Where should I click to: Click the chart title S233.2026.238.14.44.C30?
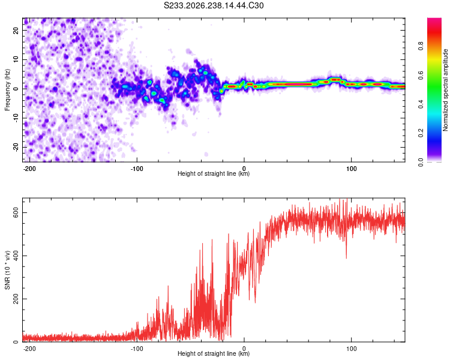coord(214,5)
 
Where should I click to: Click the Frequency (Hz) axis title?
coord(7,89)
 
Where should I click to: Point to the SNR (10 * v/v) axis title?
coord(7,270)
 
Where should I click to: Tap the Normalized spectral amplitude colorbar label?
coord(445,89)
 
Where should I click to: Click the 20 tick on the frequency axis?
coord(16,30)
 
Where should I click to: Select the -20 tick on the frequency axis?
coord(16,147)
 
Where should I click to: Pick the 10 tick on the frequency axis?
coord(16,59)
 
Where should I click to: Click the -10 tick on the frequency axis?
coord(16,118)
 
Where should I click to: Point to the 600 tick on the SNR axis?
coord(16,213)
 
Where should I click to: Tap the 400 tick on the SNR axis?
coord(16,256)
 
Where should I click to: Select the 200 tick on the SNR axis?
coord(16,299)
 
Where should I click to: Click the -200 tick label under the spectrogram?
coord(29,169)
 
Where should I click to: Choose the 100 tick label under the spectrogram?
coord(351,169)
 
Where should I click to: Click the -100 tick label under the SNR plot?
coord(137,349)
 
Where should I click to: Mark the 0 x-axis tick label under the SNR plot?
coord(244,349)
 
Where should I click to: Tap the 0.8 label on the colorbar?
coord(421,46)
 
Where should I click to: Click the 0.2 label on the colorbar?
coord(421,133)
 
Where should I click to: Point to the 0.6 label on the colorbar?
coord(421,76)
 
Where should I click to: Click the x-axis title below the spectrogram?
coord(214,173)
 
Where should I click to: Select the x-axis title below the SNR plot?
coord(214,353)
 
